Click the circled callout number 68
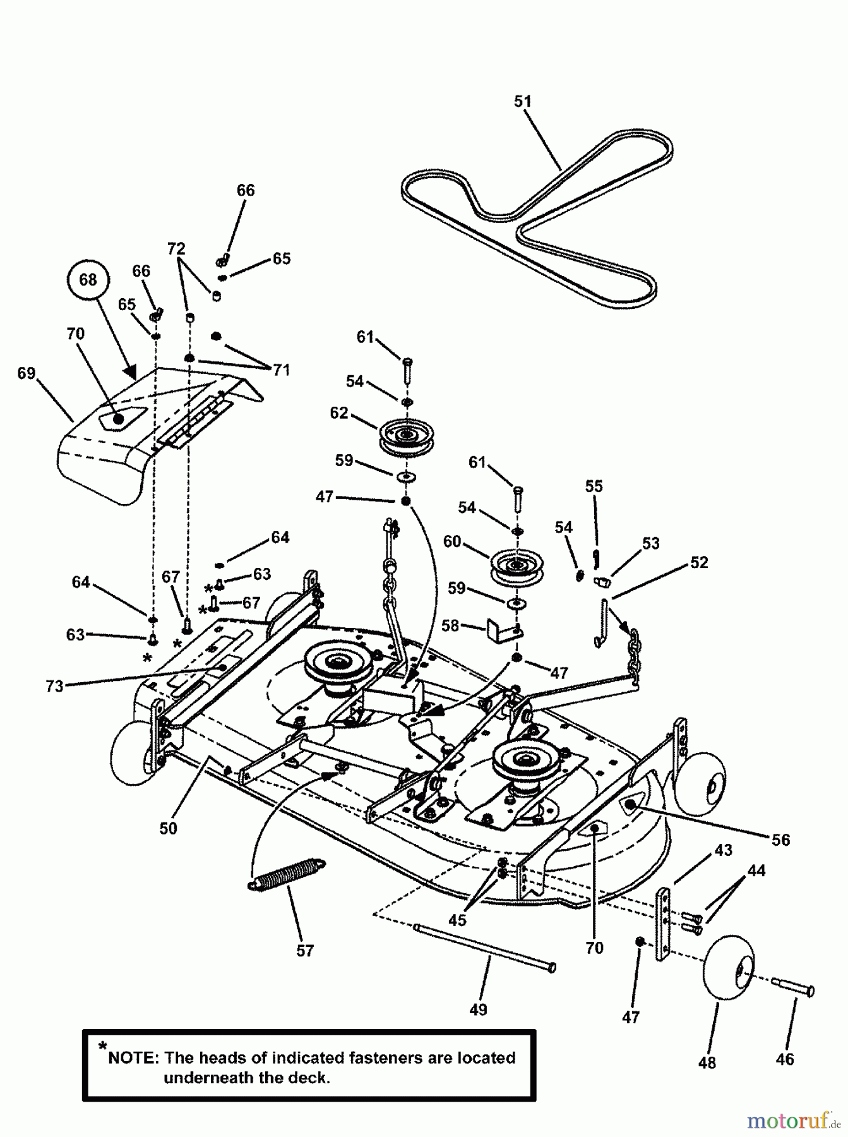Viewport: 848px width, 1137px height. (x=88, y=279)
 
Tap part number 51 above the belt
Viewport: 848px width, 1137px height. (x=523, y=101)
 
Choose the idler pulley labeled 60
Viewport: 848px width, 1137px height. (x=517, y=566)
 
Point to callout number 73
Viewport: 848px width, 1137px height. (x=55, y=685)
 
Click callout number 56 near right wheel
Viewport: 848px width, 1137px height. (x=781, y=839)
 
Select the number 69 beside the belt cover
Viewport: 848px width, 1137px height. (x=27, y=373)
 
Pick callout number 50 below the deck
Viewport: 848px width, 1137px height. (x=169, y=828)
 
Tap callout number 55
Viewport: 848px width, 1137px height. (x=594, y=486)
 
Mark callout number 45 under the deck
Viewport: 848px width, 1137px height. (x=457, y=920)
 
